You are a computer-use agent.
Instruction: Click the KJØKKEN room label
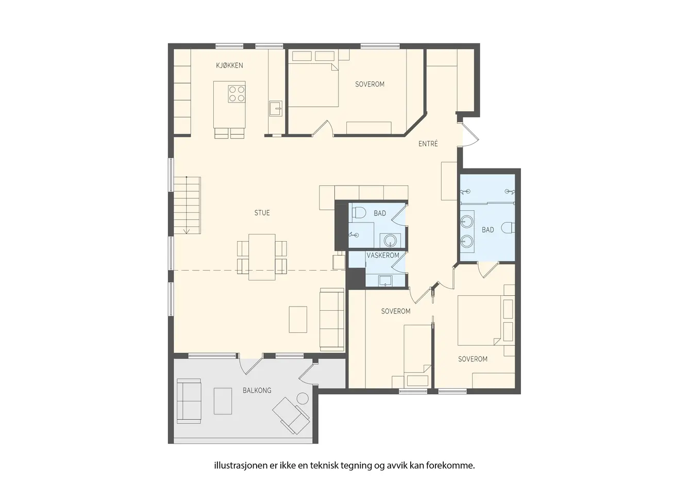click(229, 65)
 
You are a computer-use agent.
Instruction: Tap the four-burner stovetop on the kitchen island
click(237, 94)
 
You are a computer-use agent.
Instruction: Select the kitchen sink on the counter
click(276, 108)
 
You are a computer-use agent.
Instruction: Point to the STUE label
click(262, 213)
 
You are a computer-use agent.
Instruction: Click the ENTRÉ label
click(428, 143)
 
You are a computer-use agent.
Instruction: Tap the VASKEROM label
click(383, 255)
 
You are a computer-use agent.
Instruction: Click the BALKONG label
click(257, 391)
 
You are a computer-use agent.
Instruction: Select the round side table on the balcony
click(303, 398)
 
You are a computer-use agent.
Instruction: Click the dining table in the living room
click(262, 257)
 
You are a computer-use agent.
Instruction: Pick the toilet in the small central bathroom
click(359, 212)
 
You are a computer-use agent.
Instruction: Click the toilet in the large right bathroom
click(508, 228)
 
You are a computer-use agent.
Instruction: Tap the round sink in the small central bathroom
click(390, 240)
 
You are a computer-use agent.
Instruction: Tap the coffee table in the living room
click(298, 320)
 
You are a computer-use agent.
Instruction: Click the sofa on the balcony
click(189, 401)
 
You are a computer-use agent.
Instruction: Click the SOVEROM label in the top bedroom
click(369, 84)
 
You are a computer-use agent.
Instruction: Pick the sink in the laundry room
click(385, 281)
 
